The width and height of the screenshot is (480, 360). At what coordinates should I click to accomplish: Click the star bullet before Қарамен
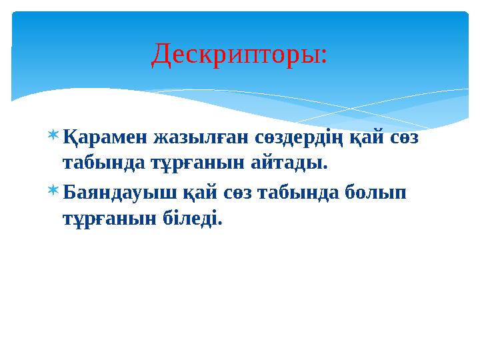(53, 137)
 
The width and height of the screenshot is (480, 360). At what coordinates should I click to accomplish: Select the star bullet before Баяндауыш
(53, 192)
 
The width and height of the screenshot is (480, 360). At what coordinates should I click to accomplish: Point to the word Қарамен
(104, 138)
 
